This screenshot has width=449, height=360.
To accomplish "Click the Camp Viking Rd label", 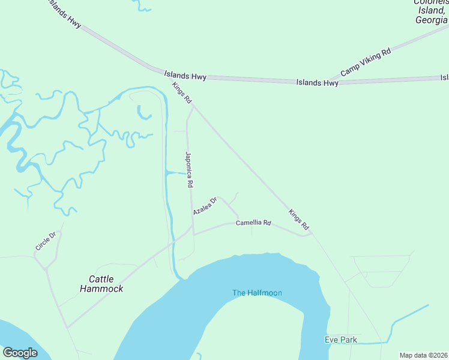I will coord(366,62).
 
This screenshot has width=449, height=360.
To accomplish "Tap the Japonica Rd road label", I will coord(188,171).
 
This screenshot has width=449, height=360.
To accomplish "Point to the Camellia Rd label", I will coord(253,223).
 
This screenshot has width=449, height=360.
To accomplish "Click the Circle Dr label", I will coord(45,241).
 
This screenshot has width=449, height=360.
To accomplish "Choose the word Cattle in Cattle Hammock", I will coord(101,279).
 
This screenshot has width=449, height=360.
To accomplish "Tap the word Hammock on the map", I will coord(101,289).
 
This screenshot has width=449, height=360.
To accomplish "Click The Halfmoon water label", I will coord(257,293).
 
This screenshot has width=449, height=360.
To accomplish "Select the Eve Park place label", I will coord(341,340).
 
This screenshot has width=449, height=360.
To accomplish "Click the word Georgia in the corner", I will coord(431,20).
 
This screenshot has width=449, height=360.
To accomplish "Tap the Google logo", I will coord(20,353).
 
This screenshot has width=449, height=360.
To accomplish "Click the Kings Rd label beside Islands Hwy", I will coord(181,92).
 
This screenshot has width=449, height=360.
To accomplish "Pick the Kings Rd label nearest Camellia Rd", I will coord(298,220).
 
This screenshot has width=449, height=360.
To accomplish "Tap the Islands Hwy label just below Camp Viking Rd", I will coord(317,82).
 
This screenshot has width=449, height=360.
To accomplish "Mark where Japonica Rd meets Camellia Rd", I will coord(193,232).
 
